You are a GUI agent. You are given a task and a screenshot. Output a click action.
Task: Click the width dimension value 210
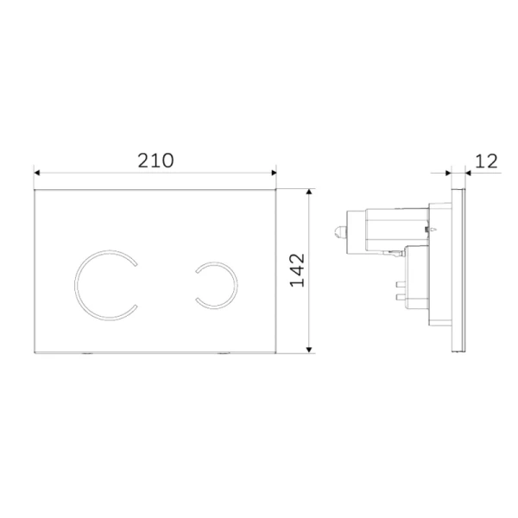click(x=155, y=160)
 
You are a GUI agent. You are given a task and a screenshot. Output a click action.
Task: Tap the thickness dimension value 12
click(x=486, y=161)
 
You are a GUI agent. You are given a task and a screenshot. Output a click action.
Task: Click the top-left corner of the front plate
click(x=35, y=187)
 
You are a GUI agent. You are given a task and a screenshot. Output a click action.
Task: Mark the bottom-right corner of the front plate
click(x=275, y=351)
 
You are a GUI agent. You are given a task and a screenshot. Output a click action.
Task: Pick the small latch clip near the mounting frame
click(x=395, y=253)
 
